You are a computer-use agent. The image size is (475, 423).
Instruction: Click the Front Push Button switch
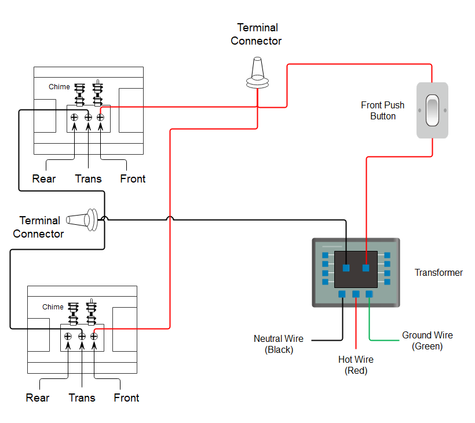(x=432, y=110)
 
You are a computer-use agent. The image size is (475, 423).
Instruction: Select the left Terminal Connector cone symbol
(x=85, y=220)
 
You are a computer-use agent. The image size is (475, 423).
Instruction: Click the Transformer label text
(x=439, y=272)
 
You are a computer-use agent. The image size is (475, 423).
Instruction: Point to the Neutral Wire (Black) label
(x=279, y=344)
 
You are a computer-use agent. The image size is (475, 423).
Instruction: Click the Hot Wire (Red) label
(x=356, y=365)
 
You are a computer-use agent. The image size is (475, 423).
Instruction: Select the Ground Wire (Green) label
(x=427, y=341)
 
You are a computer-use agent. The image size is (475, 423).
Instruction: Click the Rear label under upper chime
(x=44, y=178)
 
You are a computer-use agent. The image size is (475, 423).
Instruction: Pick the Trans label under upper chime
(x=88, y=178)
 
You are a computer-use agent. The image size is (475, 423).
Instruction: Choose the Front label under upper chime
(x=133, y=178)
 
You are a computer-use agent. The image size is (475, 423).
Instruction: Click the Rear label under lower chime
(x=38, y=398)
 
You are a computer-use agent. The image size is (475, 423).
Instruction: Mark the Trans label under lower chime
(x=82, y=398)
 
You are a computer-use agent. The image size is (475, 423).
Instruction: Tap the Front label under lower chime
(x=126, y=398)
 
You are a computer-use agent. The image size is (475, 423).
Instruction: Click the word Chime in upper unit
(x=59, y=87)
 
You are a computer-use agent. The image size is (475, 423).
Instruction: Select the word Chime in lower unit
(x=53, y=307)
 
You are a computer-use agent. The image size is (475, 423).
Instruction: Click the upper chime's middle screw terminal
(x=88, y=117)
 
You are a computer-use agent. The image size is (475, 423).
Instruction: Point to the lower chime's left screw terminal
(x=68, y=336)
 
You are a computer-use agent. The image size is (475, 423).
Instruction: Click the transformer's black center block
(x=356, y=268)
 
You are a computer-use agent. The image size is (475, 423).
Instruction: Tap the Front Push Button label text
(x=382, y=110)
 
